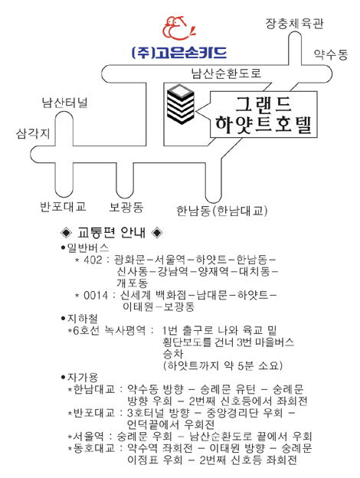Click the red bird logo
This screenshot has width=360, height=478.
click(x=179, y=28)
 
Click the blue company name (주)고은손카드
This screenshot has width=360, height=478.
click(x=179, y=52)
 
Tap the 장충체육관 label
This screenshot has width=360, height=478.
click(x=294, y=24)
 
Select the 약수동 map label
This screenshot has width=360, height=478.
click(x=331, y=54)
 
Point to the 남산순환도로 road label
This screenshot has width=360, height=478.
click(x=226, y=74)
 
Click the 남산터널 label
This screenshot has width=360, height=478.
click(x=64, y=103)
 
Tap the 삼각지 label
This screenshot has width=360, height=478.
click(x=33, y=133)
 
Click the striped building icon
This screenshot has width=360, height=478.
click(x=181, y=104)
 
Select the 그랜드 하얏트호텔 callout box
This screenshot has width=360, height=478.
click(x=263, y=115)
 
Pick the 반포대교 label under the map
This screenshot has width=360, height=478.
click(x=63, y=207)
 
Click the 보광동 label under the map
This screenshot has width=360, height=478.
click(x=126, y=208)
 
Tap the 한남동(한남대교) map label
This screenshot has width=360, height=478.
click(x=222, y=211)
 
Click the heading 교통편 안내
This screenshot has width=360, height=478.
click(x=111, y=233)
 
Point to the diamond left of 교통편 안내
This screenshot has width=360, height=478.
click(x=66, y=233)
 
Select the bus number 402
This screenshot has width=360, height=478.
click(x=93, y=260)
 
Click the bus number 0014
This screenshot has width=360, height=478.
click(x=96, y=295)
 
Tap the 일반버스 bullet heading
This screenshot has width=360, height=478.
click(x=85, y=247)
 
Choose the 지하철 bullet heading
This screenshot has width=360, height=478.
click(x=79, y=319)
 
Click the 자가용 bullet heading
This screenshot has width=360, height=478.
click(x=79, y=378)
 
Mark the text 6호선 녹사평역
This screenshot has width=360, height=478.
click(x=110, y=330)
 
